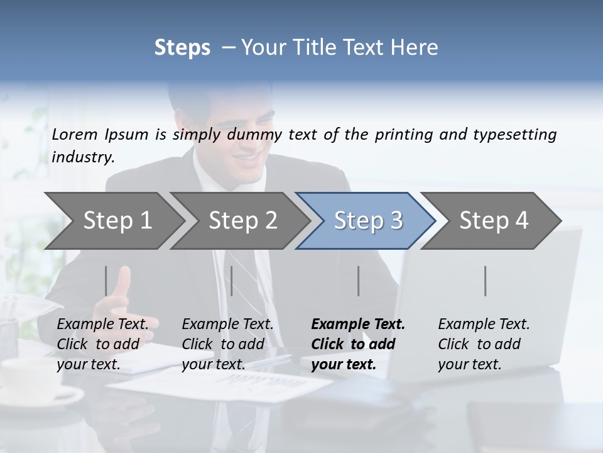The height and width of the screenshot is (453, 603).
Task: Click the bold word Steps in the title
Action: pos(182,47)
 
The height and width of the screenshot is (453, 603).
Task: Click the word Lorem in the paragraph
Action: pos(74,135)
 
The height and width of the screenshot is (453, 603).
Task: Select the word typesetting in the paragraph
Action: pos(514,135)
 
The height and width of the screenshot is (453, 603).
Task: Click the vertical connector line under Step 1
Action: pos(106,281)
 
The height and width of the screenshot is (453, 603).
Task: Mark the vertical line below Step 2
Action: pos(232,281)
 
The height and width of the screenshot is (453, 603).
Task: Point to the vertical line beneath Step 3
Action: pos(358,281)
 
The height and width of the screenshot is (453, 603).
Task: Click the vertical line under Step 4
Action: pos(485,281)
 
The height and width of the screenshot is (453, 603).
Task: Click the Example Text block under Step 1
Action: pos(102,344)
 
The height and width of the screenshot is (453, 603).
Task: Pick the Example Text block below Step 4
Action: pos(484,344)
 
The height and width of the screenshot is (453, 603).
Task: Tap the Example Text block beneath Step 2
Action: pos(227,344)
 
